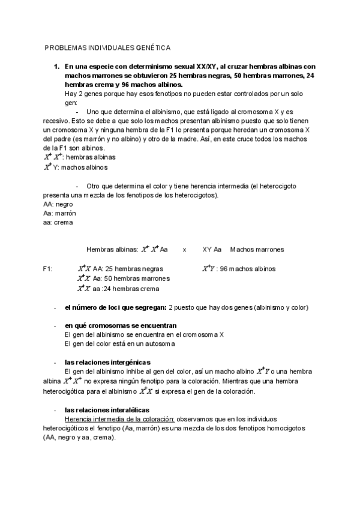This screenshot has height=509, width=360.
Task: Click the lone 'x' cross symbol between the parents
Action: coord(184,249)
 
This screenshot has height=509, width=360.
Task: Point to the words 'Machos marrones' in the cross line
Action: coord(257,249)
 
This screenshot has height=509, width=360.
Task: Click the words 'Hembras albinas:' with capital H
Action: coord(112,249)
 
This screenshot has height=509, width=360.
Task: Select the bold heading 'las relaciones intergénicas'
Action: coord(107,362)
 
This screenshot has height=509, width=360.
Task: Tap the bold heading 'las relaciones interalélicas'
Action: coord(107,409)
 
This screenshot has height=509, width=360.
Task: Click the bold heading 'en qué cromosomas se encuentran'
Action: coord(116,325)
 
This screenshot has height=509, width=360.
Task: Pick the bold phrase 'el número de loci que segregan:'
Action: coord(116,307)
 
